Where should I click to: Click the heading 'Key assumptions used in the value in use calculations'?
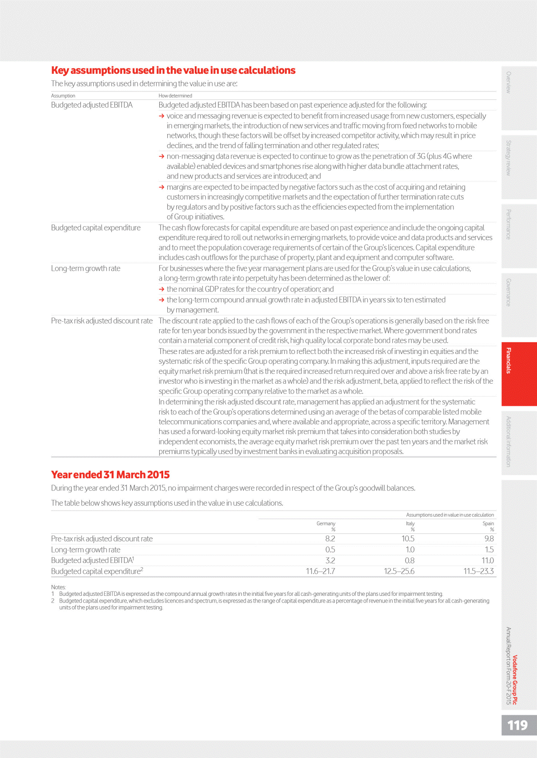[x=173, y=71]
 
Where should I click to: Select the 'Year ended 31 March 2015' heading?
[x=110, y=475]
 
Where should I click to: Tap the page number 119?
[x=517, y=725]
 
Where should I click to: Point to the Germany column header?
[x=326, y=523]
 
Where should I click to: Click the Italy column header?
[x=410, y=523]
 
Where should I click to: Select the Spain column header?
[x=488, y=523]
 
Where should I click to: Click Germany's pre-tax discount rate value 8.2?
[x=330, y=539]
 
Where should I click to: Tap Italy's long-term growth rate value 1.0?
[x=410, y=549]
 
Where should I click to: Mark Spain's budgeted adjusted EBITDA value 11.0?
[x=487, y=561]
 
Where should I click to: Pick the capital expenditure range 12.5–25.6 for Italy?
[x=399, y=572]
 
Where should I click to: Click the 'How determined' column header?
[x=175, y=96]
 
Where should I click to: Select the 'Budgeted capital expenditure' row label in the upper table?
[x=96, y=228]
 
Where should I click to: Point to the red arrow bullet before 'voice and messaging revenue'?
[x=161, y=116]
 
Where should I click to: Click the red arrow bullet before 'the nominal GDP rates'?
[x=161, y=289]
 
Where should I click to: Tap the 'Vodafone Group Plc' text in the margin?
[x=515, y=680]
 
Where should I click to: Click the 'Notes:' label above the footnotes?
[x=58, y=587]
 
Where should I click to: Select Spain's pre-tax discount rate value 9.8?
[x=489, y=539]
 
